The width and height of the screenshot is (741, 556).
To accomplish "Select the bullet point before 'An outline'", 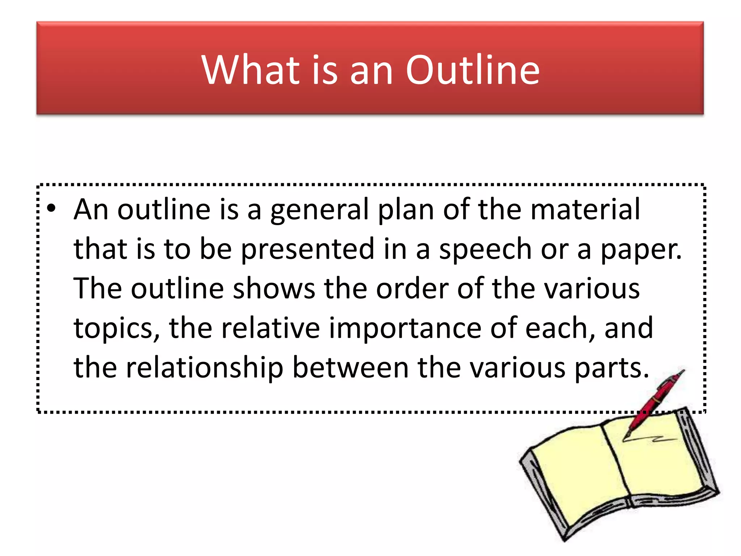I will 52,208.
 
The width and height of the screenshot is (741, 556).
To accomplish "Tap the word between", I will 351,368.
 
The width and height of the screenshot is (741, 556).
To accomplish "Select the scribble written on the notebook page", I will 651,439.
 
